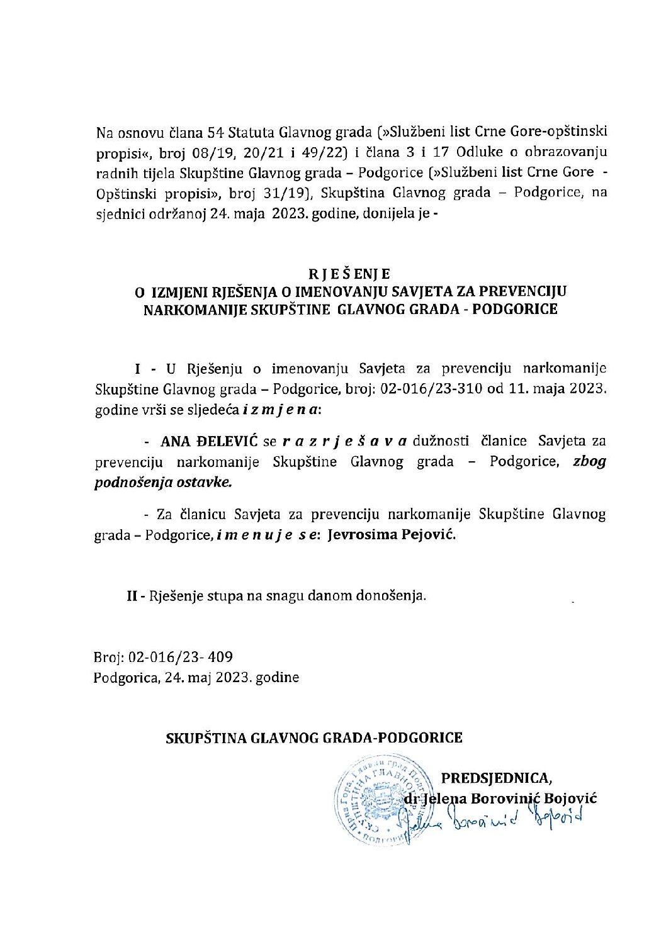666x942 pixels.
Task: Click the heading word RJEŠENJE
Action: pyautogui.click(x=349, y=274)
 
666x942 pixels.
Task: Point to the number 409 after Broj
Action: pyautogui.click(x=220, y=658)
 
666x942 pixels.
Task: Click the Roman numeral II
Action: pyautogui.click(x=132, y=595)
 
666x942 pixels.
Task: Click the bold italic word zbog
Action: pyautogui.click(x=589, y=461)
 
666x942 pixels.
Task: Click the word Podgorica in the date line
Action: pyautogui.click(x=123, y=678)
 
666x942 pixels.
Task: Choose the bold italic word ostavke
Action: pyautogui.click(x=206, y=482)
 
